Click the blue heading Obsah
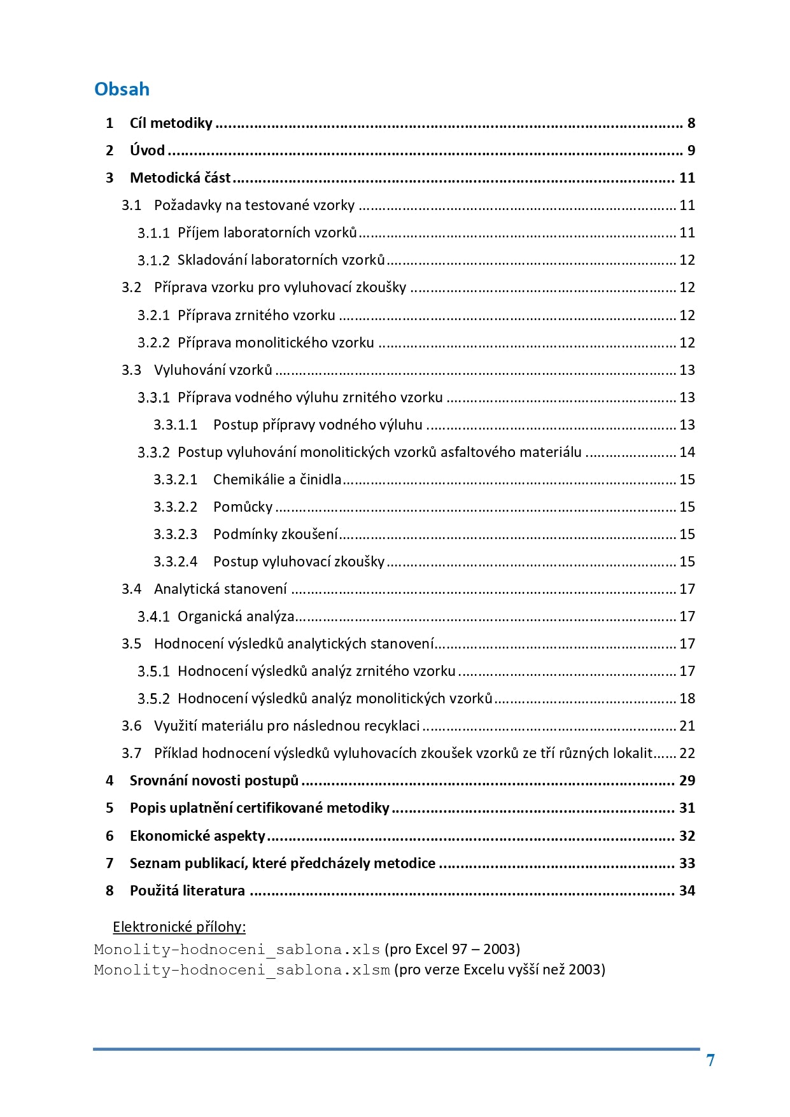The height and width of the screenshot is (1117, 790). point(122,89)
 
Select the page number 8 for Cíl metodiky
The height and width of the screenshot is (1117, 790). point(691,123)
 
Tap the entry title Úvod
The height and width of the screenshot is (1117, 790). point(147,151)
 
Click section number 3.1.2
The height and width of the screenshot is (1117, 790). point(153,260)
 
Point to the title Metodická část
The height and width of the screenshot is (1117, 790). point(180,178)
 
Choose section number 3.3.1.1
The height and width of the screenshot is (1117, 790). point(175,425)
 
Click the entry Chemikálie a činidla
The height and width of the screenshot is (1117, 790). point(277,480)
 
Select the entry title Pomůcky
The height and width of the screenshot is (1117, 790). point(243,507)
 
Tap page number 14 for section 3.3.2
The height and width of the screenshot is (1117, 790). point(687,453)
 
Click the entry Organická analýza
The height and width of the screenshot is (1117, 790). point(236,617)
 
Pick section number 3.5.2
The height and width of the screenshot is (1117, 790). point(153,699)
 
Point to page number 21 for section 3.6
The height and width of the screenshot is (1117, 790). point(687,726)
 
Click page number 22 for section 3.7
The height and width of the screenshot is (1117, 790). point(687,754)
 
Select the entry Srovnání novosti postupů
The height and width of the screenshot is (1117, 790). point(214,781)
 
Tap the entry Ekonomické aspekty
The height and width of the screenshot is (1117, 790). point(197,836)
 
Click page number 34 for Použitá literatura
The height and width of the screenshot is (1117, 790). point(687,891)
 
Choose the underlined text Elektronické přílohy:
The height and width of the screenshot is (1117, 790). point(180,927)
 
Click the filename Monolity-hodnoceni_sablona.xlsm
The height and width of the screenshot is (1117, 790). point(242,970)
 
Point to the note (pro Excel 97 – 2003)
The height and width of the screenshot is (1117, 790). point(452,950)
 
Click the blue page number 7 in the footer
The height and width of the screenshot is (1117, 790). point(710,1060)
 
